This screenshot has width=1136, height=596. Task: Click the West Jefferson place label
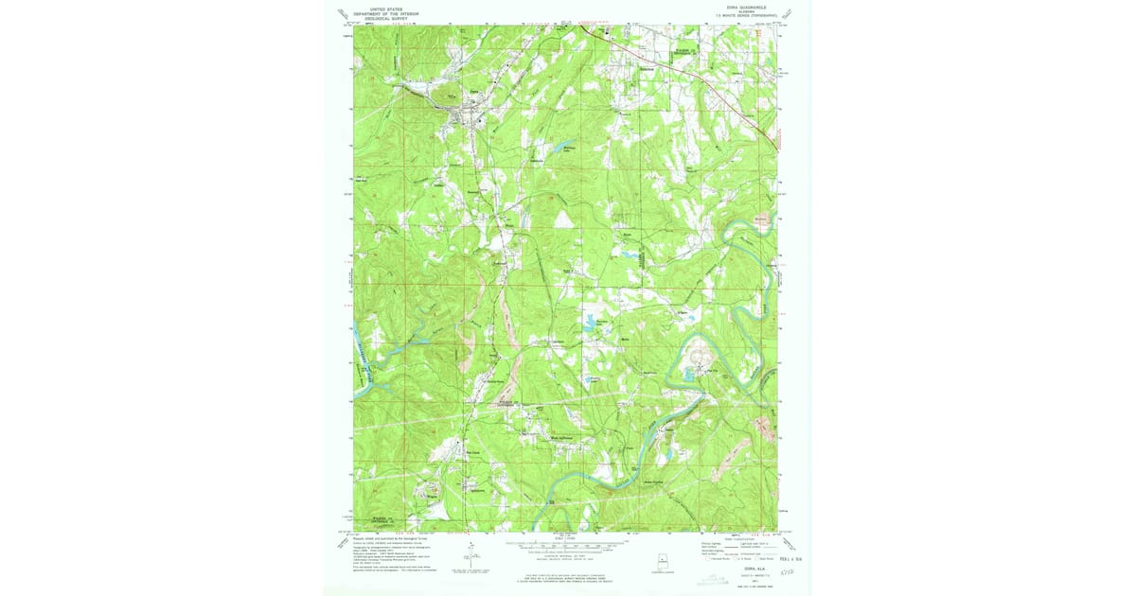pyautogui.click(x=562, y=438)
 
